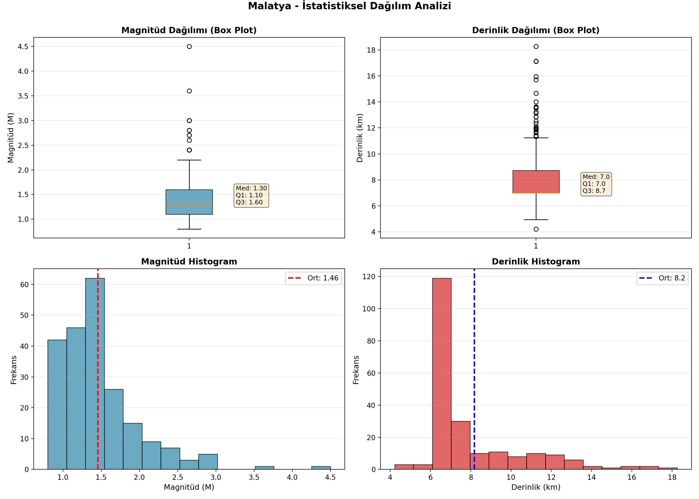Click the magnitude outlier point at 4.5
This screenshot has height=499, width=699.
coord(189,46)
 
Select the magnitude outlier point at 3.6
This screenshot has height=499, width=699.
coord(189,91)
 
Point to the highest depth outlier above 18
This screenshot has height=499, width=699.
coord(536,46)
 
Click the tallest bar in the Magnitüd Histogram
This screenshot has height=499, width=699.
coord(95,374)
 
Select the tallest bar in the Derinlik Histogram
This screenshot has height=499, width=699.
coord(442,374)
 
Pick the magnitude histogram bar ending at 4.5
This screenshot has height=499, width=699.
coord(321,468)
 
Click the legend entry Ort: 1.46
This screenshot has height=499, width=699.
coord(313,278)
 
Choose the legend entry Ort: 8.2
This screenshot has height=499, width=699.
coord(662,278)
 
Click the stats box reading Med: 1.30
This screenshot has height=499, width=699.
coord(251,195)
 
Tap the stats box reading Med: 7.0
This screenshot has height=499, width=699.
coord(596,184)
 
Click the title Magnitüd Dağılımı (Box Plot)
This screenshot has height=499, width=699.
coord(189,30)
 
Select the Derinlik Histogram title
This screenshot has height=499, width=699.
coord(536,261)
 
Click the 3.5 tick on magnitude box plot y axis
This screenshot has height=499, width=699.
coord(23,96)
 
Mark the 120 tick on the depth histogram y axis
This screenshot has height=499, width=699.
coord(369,276)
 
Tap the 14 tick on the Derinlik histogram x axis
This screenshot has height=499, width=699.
coord(591,477)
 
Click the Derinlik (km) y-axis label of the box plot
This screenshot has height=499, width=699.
coord(360,138)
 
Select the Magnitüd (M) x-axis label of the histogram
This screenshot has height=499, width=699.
coord(189,487)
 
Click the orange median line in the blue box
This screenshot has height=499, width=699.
coord(189,204)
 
